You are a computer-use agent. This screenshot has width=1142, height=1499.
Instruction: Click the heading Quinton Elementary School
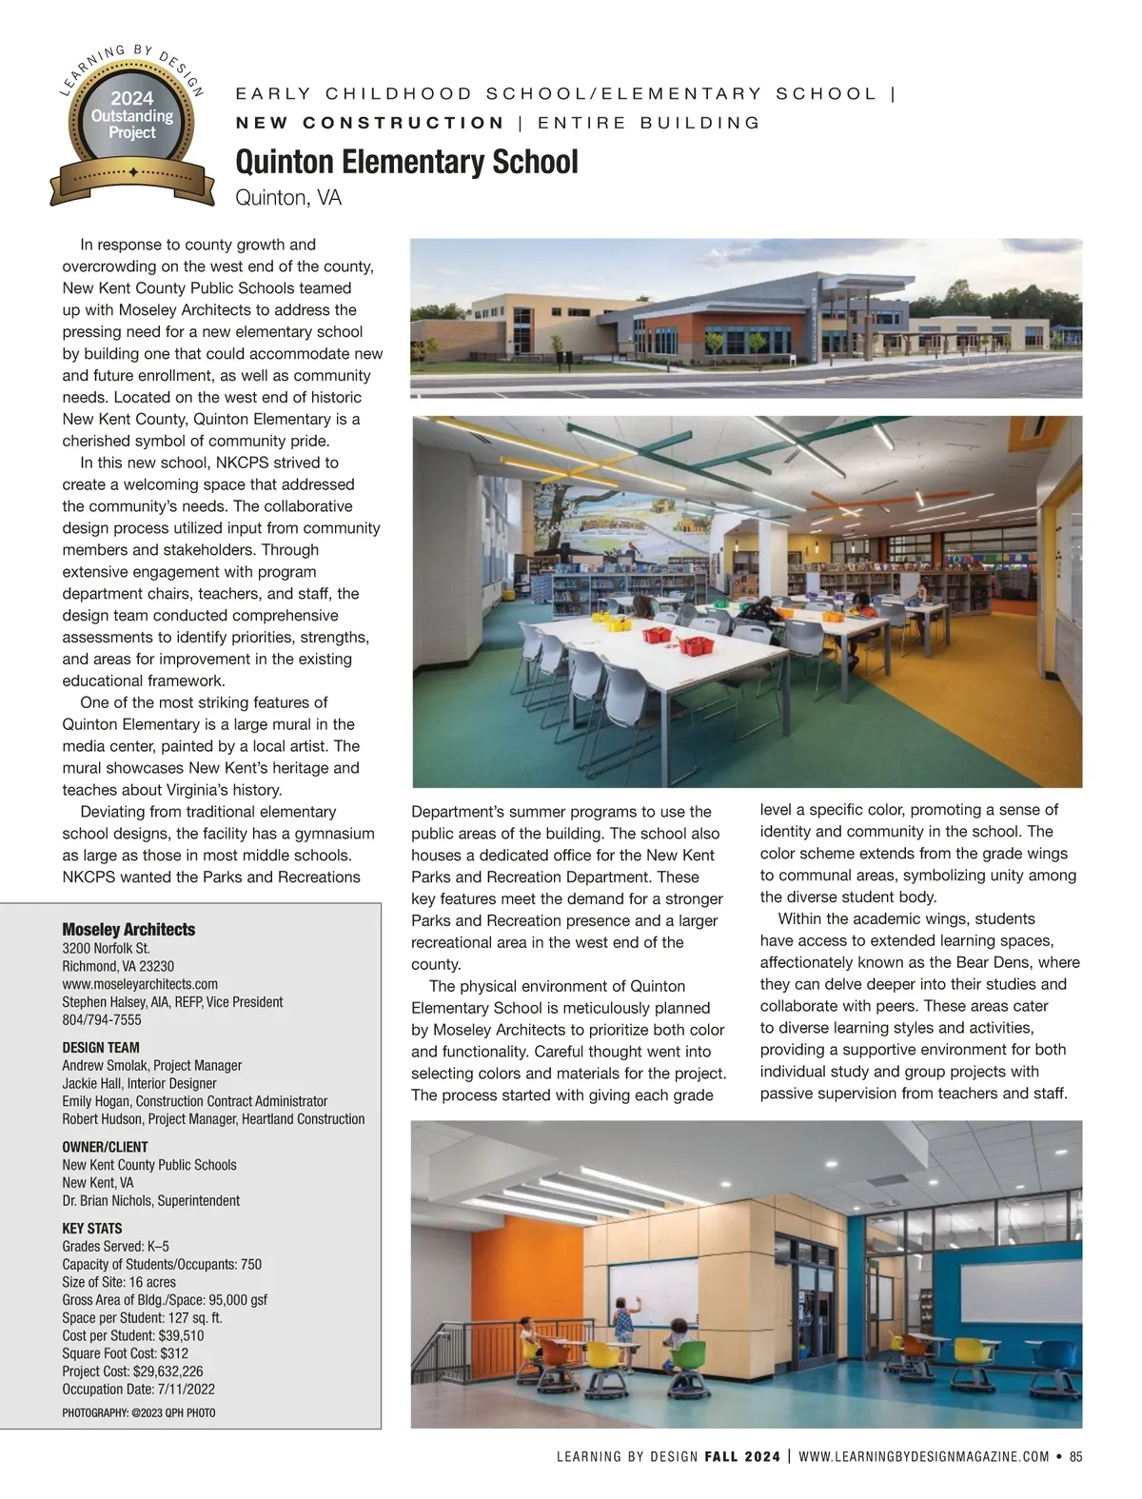pyautogui.click(x=406, y=162)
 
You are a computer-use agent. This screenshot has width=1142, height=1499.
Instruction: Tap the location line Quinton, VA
pyautogui.click(x=287, y=198)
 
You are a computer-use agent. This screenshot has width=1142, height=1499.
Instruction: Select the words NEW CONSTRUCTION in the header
pyautogui.click(x=370, y=123)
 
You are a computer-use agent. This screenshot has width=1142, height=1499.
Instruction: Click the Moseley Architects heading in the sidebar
pyautogui.click(x=128, y=929)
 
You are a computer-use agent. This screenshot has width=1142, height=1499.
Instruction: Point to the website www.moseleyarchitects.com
pyautogui.click(x=140, y=984)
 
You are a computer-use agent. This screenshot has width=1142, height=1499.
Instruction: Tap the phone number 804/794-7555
pyautogui.click(x=102, y=1019)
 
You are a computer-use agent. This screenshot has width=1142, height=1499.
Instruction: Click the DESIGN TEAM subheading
pyautogui.click(x=101, y=1047)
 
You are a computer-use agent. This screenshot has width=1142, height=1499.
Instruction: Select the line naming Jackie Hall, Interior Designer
pyautogui.click(x=139, y=1083)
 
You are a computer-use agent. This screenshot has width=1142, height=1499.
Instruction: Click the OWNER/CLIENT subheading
pyautogui.click(x=105, y=1147)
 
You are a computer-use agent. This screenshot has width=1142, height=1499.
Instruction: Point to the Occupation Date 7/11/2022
pyautogui.click(x=181, y=1390)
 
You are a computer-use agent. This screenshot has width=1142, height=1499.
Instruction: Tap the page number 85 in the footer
pyautogui.click(x=1076, y=1456)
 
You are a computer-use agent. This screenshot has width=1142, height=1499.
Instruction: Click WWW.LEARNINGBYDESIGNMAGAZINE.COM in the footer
pyautogui.click(x=924, y=1456)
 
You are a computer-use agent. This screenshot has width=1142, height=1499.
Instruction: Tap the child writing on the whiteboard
pyautogui.click(x=624, y=1321)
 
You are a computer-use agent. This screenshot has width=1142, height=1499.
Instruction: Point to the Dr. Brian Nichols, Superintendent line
pyautogui.click(x=150, y=1201)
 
